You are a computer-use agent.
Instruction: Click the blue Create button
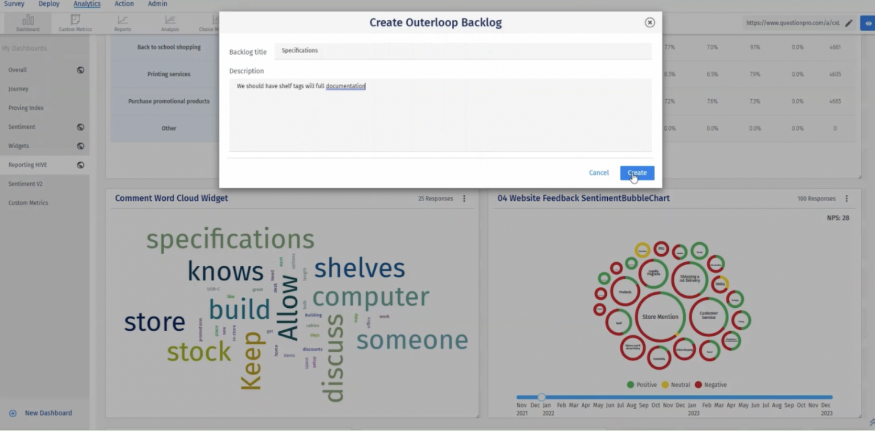pyautogui.click(x=637, y=173)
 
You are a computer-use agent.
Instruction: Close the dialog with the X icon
pyautogui.click(x=649, y=22)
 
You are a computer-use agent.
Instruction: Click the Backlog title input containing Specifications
pyautogui.click(x=463, y=51)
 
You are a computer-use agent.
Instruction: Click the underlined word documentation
pyautogui.click(x=345, y=86)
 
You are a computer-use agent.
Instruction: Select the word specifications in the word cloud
pyautogui.click(x=230, y=239)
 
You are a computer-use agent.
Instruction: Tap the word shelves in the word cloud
pyautogui.click(x=359, y=268)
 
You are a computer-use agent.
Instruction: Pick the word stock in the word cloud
pyautogui.click(x=199, y=352)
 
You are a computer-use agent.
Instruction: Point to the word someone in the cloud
pyautogui.click(x=412, y=340)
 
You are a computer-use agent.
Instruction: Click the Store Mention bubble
pyautogui.click(x=660, y=317)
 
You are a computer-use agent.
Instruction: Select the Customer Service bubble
pyautogui.click(x=709, y=315)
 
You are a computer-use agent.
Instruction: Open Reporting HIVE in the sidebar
pyautogui.click(x=28, y=165)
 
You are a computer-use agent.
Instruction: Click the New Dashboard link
pyautogui.click(x=48, y=413)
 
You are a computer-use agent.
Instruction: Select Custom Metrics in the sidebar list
pyautogui.click(x=28, y=203)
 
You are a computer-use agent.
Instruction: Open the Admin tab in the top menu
pyautogui.click(x=157, y=4)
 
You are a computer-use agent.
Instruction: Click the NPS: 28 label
pyautogui.click(x=837, y=218)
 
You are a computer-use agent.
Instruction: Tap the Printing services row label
pyautogui.click(x=169, y=74)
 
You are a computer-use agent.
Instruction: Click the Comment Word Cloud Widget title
pyautogui.click(x=171, y=198)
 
